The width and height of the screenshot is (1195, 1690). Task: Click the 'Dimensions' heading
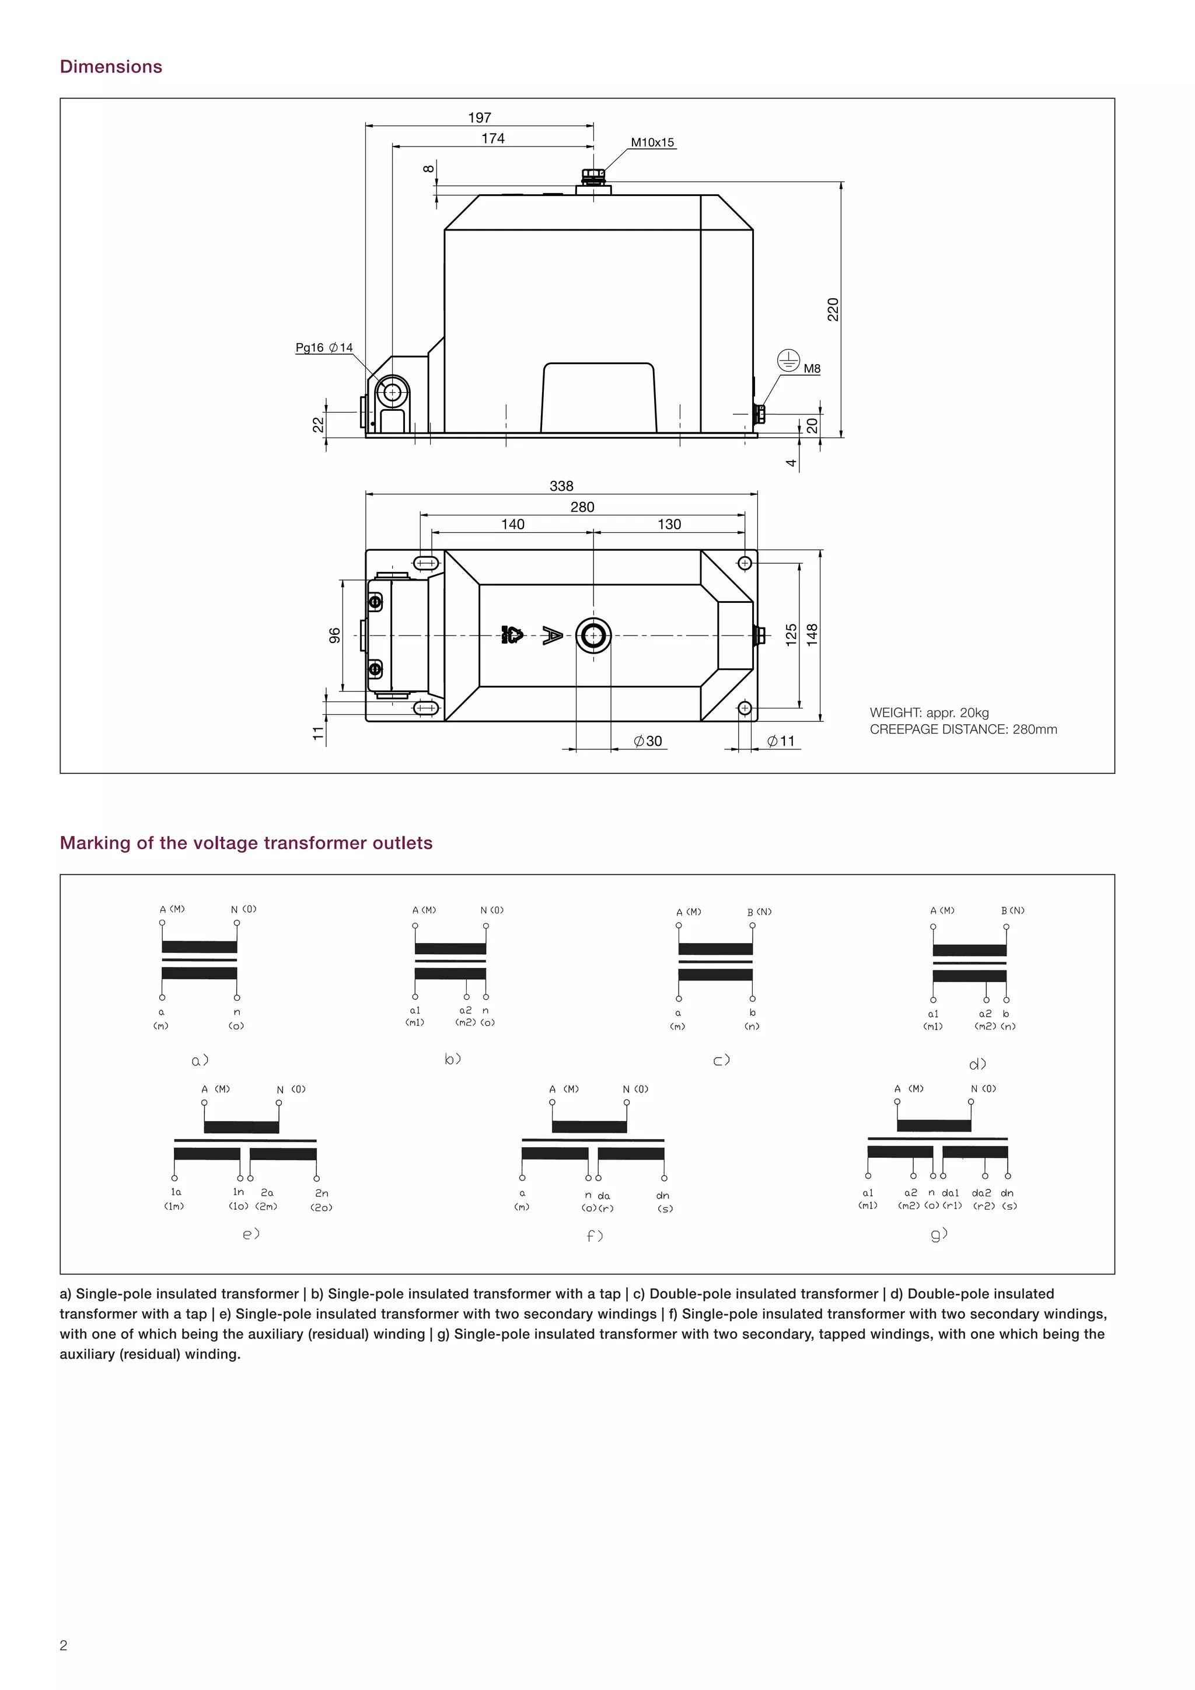click(x=110, y=67)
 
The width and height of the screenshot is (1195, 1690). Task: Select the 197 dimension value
click(x=479, y=118)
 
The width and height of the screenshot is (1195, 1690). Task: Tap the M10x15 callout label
click(x=652, y=143)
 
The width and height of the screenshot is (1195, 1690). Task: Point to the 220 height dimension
click(x=833, y=309)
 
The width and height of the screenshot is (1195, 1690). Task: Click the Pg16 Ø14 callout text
click(x=324, y=347)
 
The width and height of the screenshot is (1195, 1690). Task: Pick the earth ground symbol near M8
click(x=788, y=361)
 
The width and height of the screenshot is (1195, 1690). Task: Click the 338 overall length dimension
click(x=561, y=486)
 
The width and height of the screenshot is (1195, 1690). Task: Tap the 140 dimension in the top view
click(x=512, y=524)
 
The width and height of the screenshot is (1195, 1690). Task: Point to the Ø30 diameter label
click(x=648, y=741)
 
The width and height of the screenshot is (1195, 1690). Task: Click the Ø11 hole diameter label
click(x=781, y=741)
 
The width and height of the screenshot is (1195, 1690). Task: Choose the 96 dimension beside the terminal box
click(x=335, y=636)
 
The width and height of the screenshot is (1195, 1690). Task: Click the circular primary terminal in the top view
click(x=593, y=636)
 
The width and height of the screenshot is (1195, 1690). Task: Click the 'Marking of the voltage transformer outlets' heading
click(x=246, y=843)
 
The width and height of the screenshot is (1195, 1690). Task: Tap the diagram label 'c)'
click(x=721, y=1061)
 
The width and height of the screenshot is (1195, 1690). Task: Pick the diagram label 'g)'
click(x=939, y=1234)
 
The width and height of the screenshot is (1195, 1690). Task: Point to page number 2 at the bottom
click(x=63, y=1646)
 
